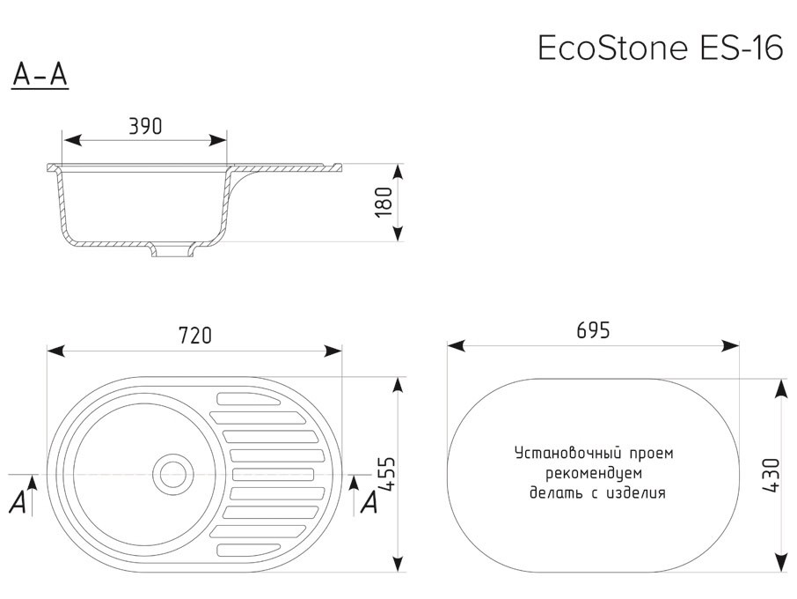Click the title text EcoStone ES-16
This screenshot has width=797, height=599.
659,48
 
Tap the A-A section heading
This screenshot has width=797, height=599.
40,77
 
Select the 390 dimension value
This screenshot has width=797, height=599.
145,127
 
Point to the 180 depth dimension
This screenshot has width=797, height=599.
382,203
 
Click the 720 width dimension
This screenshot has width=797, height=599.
194,336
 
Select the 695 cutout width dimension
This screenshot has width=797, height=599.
593,330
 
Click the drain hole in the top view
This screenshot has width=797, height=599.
172,473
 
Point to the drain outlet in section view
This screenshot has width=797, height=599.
172,250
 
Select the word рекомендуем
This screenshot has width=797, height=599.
594,473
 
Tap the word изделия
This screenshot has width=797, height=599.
635,493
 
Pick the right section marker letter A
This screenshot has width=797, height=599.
370,503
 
